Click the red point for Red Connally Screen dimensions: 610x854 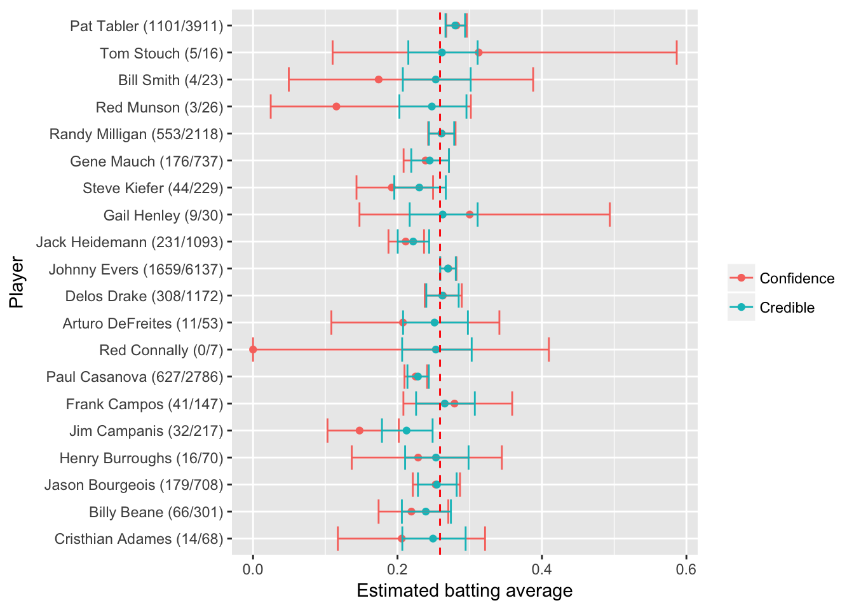point(253,349)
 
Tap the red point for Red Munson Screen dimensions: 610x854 point(336,106)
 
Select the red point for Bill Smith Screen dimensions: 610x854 point(379,79)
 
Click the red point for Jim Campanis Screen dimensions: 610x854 point(360,430)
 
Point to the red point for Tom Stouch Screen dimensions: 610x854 point(478,52)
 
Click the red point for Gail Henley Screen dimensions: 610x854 point(470,214)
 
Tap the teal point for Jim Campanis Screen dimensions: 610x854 point(407,430)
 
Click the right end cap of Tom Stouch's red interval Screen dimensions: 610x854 point(677,52)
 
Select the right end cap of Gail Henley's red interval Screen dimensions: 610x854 point(610,214)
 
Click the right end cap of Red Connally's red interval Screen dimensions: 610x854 point(549,349)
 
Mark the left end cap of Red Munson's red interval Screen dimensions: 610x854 point(271,106)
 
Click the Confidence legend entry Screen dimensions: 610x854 point(797,278)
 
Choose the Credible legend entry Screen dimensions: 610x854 point(787,308)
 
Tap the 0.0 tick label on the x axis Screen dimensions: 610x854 point(253,567)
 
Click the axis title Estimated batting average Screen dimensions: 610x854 point(464,591)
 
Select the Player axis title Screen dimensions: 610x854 point(17,282)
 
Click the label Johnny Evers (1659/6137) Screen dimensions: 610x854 point(136,269)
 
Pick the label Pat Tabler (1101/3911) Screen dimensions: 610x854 point(147,26)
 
